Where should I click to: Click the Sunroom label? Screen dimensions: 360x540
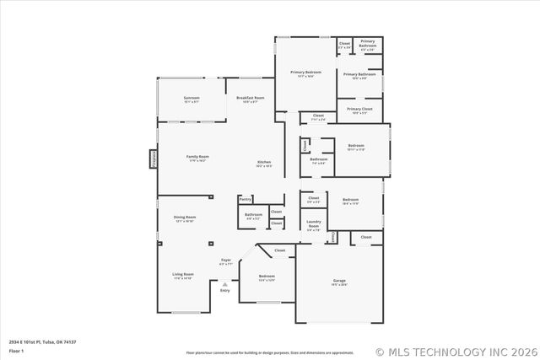[192, 99]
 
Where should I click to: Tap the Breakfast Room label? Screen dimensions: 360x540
[251, 99]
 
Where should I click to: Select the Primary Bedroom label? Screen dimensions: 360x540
[307, 73]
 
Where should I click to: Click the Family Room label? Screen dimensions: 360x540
[197, 158]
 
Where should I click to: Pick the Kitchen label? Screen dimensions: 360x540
[264, 163]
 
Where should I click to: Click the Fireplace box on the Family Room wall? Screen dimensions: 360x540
[154, 159]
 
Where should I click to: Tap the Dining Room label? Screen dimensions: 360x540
[185, 218]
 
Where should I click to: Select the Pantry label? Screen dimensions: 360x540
[246, 199]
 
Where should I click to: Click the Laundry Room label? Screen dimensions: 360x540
[313, 224]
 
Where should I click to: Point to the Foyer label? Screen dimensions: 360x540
[225, 261]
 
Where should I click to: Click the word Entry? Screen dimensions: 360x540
[224, 291]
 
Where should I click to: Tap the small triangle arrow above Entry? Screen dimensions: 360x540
[224, 284]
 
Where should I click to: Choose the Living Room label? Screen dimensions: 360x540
[183, 275]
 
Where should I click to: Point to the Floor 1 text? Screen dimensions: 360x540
[17, 350]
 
